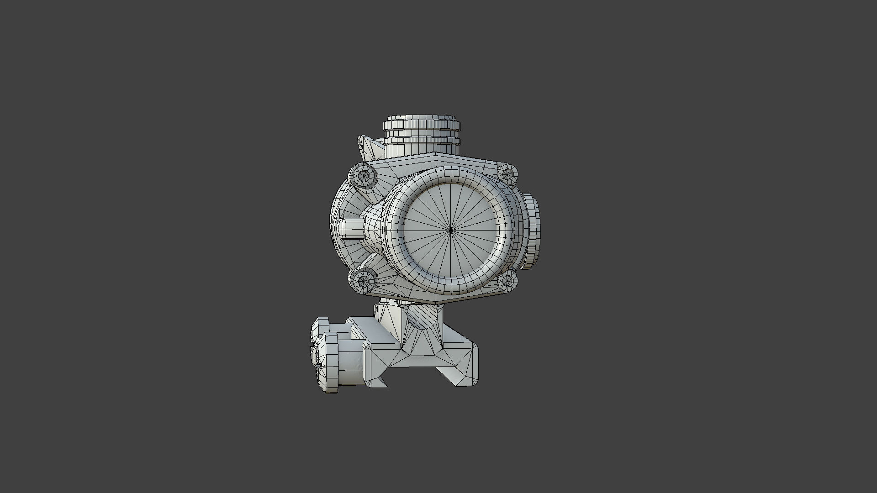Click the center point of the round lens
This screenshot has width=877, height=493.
(450, 231)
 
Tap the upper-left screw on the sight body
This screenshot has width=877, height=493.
(363, 175)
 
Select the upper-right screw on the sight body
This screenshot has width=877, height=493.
(507, 174)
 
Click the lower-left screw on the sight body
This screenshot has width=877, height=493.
(364, 279)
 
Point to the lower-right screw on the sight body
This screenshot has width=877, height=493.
(507, 280)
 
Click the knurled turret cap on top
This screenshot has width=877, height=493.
(421, 124)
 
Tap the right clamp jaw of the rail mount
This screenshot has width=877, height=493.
(466, 365)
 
